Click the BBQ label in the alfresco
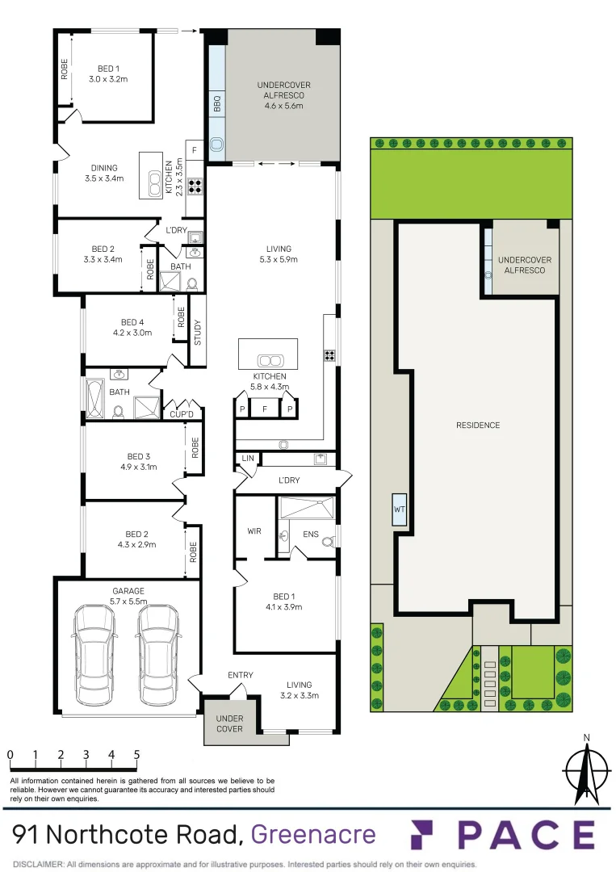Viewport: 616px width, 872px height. tap(216, 104)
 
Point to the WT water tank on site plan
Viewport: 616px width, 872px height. tap(400, 510)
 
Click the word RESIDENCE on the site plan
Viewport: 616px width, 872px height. tap(478, 426)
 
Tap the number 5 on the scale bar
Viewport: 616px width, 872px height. tap(136, 755)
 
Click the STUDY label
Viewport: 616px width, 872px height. tap(198, 332)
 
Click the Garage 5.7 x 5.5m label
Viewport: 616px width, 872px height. tap(128, 596)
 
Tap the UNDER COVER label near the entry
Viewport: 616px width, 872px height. tap(229, 723)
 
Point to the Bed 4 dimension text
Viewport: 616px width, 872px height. tap(132, 333)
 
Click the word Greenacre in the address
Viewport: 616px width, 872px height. tap(313, 834)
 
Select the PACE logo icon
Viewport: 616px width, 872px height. tap(427, 835)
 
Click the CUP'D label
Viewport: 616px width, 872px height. tap(182, 415)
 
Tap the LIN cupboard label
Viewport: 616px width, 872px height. tap(246, 459)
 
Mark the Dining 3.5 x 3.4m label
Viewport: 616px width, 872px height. tap(103, 174)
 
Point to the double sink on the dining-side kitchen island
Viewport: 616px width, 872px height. tap(153, 174)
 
